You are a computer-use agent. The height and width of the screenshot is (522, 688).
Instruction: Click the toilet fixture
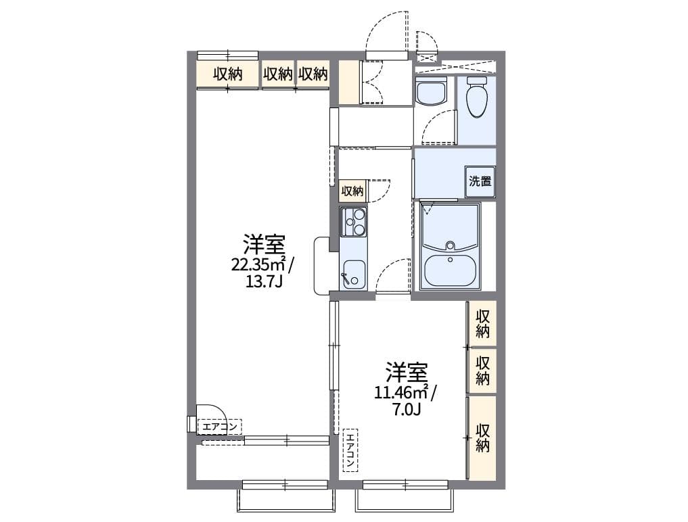(477, 97)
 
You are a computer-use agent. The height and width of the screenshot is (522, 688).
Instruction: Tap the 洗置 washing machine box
(480, 181)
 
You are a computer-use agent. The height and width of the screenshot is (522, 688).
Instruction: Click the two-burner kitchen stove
(354, 222)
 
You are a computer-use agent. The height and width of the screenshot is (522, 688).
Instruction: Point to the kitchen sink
(354, 273)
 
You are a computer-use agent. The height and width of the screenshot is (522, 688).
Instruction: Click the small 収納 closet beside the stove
(352, 191)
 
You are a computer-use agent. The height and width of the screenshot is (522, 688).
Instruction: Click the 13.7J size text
(263, 281)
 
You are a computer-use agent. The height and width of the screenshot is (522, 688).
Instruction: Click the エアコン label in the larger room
(219, 427)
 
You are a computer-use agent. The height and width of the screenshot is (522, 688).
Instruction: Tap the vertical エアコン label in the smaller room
(350, 450)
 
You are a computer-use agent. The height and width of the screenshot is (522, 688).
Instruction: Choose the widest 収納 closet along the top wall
(227, 74)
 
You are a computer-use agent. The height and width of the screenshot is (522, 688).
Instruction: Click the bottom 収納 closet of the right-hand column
(482, 437)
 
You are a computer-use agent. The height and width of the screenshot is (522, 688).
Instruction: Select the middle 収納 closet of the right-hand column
(482, 371)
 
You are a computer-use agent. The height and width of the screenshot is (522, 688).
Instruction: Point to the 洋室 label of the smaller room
(407, 372)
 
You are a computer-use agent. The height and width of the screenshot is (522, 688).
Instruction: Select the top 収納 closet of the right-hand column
(482, 323)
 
